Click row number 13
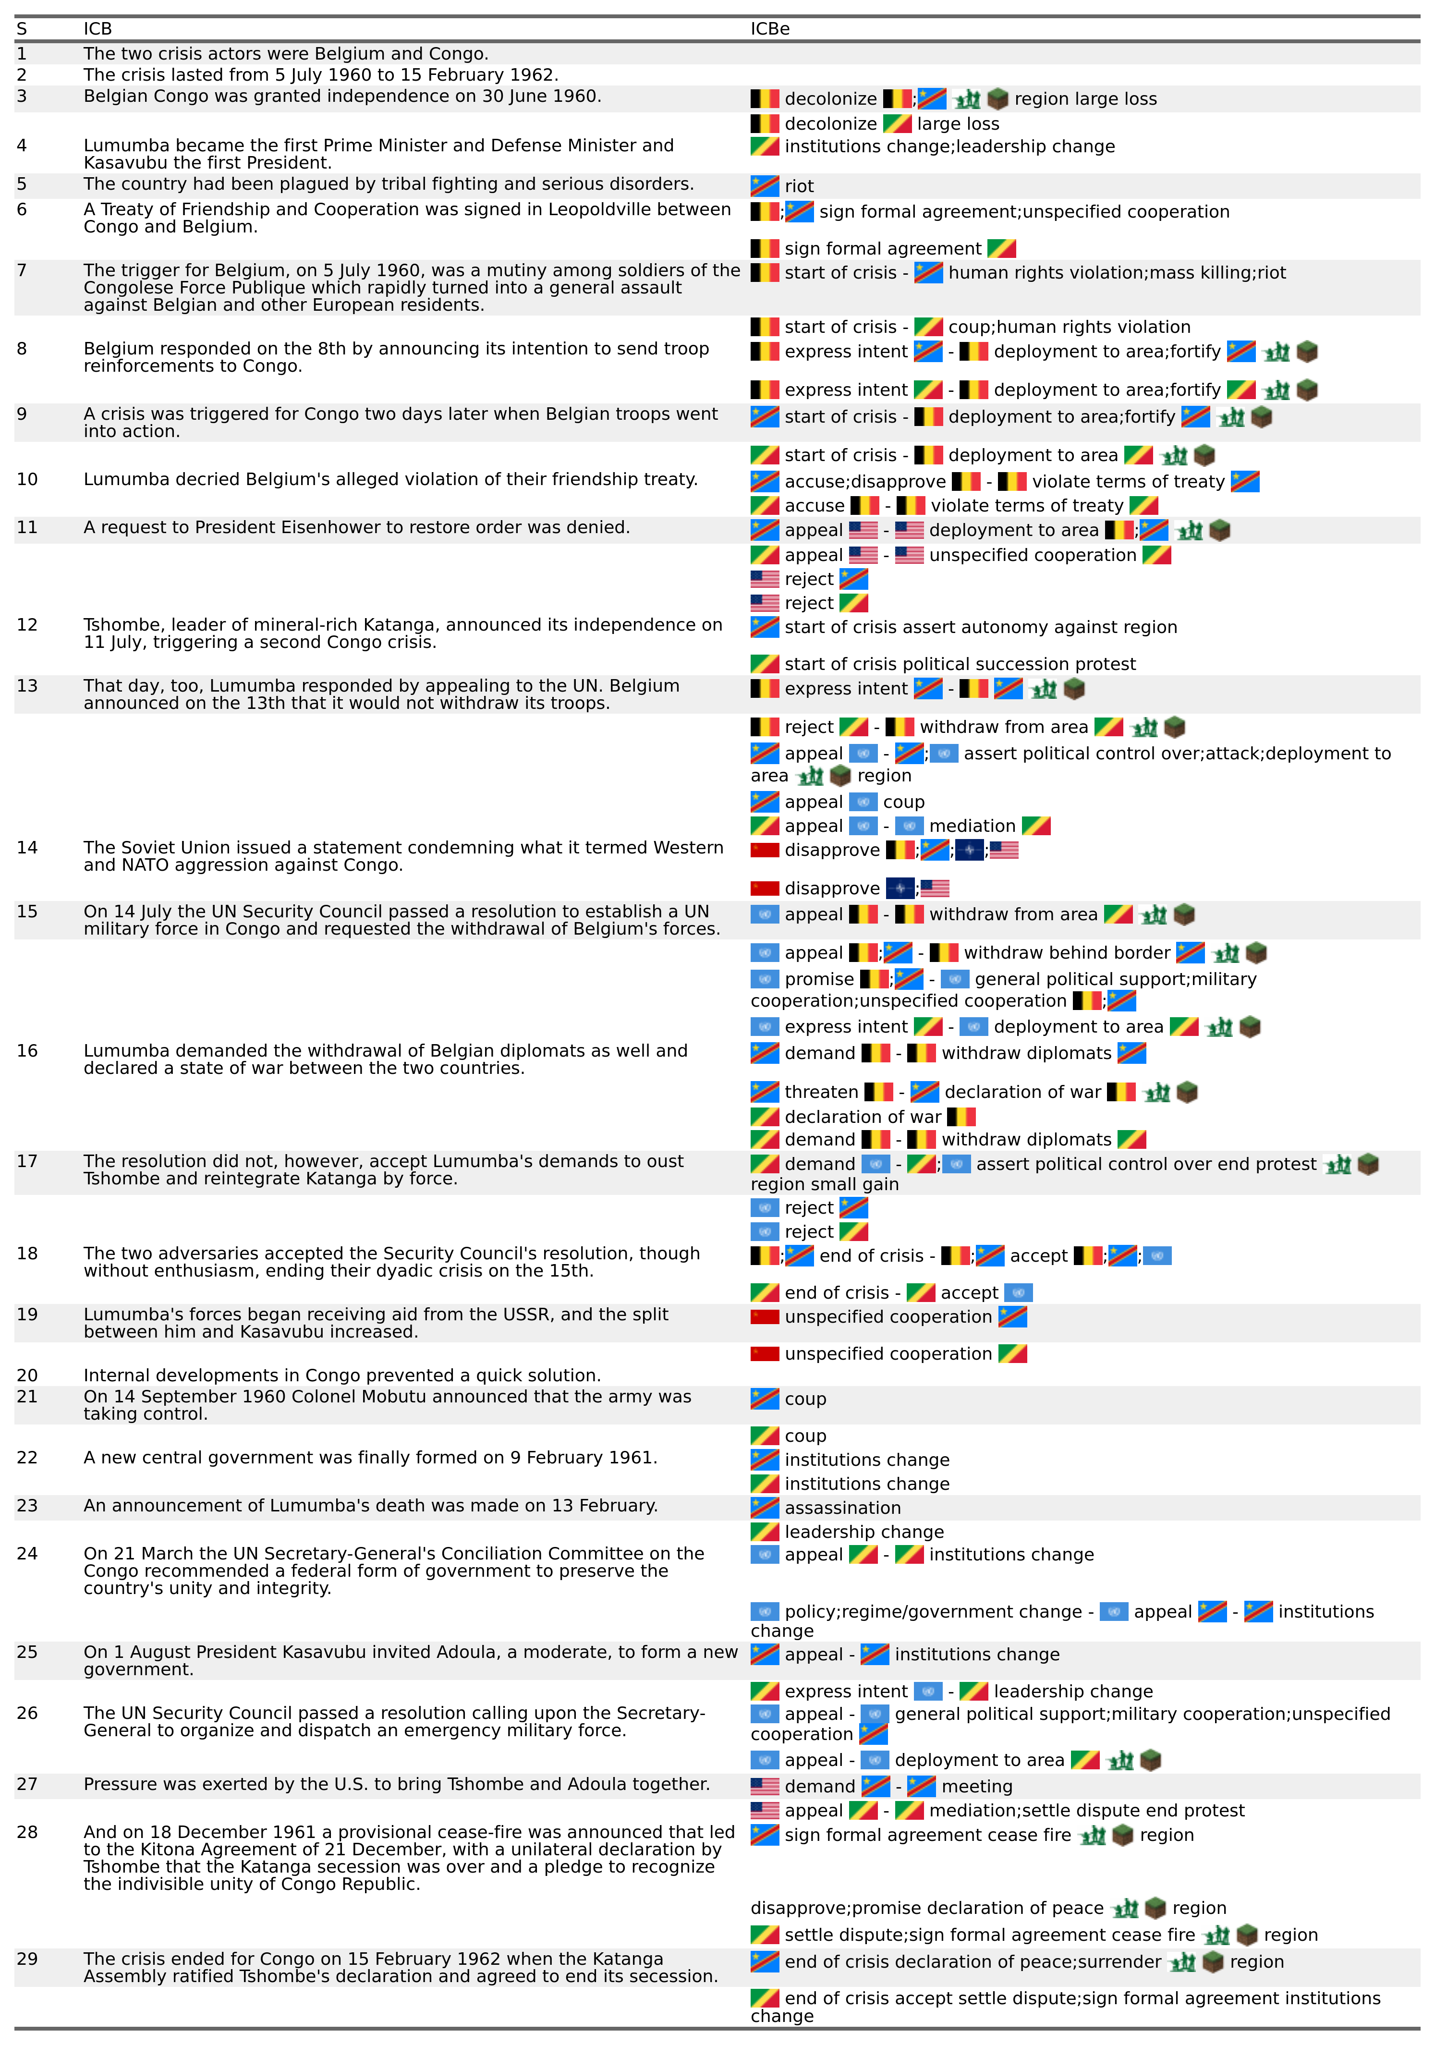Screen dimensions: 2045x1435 [27, 686]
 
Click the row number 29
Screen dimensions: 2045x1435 [27, 1959]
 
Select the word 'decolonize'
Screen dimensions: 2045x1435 [830, 99]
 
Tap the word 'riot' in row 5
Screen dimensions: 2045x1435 [799, 186]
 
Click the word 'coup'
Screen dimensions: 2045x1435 [805, 1399]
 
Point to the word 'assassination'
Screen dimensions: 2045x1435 [843, 1508]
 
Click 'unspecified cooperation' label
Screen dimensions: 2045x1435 [888, 1317]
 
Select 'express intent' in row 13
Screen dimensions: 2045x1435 [845, 689]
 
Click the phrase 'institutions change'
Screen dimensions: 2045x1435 [977, 1655]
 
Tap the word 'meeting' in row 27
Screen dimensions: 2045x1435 [977, 1787]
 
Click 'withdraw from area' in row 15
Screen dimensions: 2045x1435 [1013, 915]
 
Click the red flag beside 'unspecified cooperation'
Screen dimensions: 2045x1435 [764, 1317]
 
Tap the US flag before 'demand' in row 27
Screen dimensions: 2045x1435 [764, 1787]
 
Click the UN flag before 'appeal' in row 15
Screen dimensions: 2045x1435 [764, 915]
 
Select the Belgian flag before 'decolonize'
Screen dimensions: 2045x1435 [764, 99]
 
